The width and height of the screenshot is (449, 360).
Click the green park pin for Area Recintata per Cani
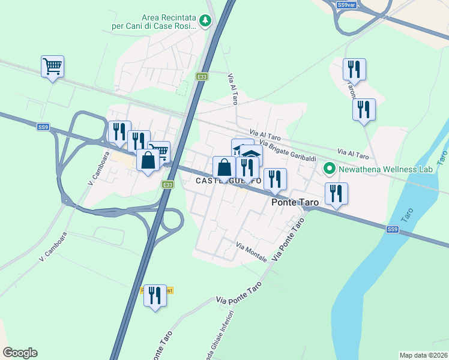[x=206, y=21]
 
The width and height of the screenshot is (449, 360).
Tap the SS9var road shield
[x=346, y=5]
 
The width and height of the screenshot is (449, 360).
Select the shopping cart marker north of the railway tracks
[x=53, y=66]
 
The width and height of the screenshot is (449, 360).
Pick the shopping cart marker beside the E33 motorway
[x=158, y=151]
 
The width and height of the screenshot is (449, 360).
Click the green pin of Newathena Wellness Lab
[x=329, y=169]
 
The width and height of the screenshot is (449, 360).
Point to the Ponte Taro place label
[x=295, y=203]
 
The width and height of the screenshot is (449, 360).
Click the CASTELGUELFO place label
[x=228, y=181]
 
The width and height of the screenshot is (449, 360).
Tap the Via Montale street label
[x=252, y=253]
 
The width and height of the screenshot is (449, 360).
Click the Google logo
[x=20, y=353]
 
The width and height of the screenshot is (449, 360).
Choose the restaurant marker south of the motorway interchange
[x=155, y=295]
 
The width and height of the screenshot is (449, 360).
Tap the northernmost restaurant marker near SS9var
[x=354, y=69]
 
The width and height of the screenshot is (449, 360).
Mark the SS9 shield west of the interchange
[x=43, y=127]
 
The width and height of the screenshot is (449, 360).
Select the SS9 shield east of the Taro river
[x=392, y=229]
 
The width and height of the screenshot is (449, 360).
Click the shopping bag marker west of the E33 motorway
[x=148, y=160]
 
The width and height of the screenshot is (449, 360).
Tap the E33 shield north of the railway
[x=203, y=77]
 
